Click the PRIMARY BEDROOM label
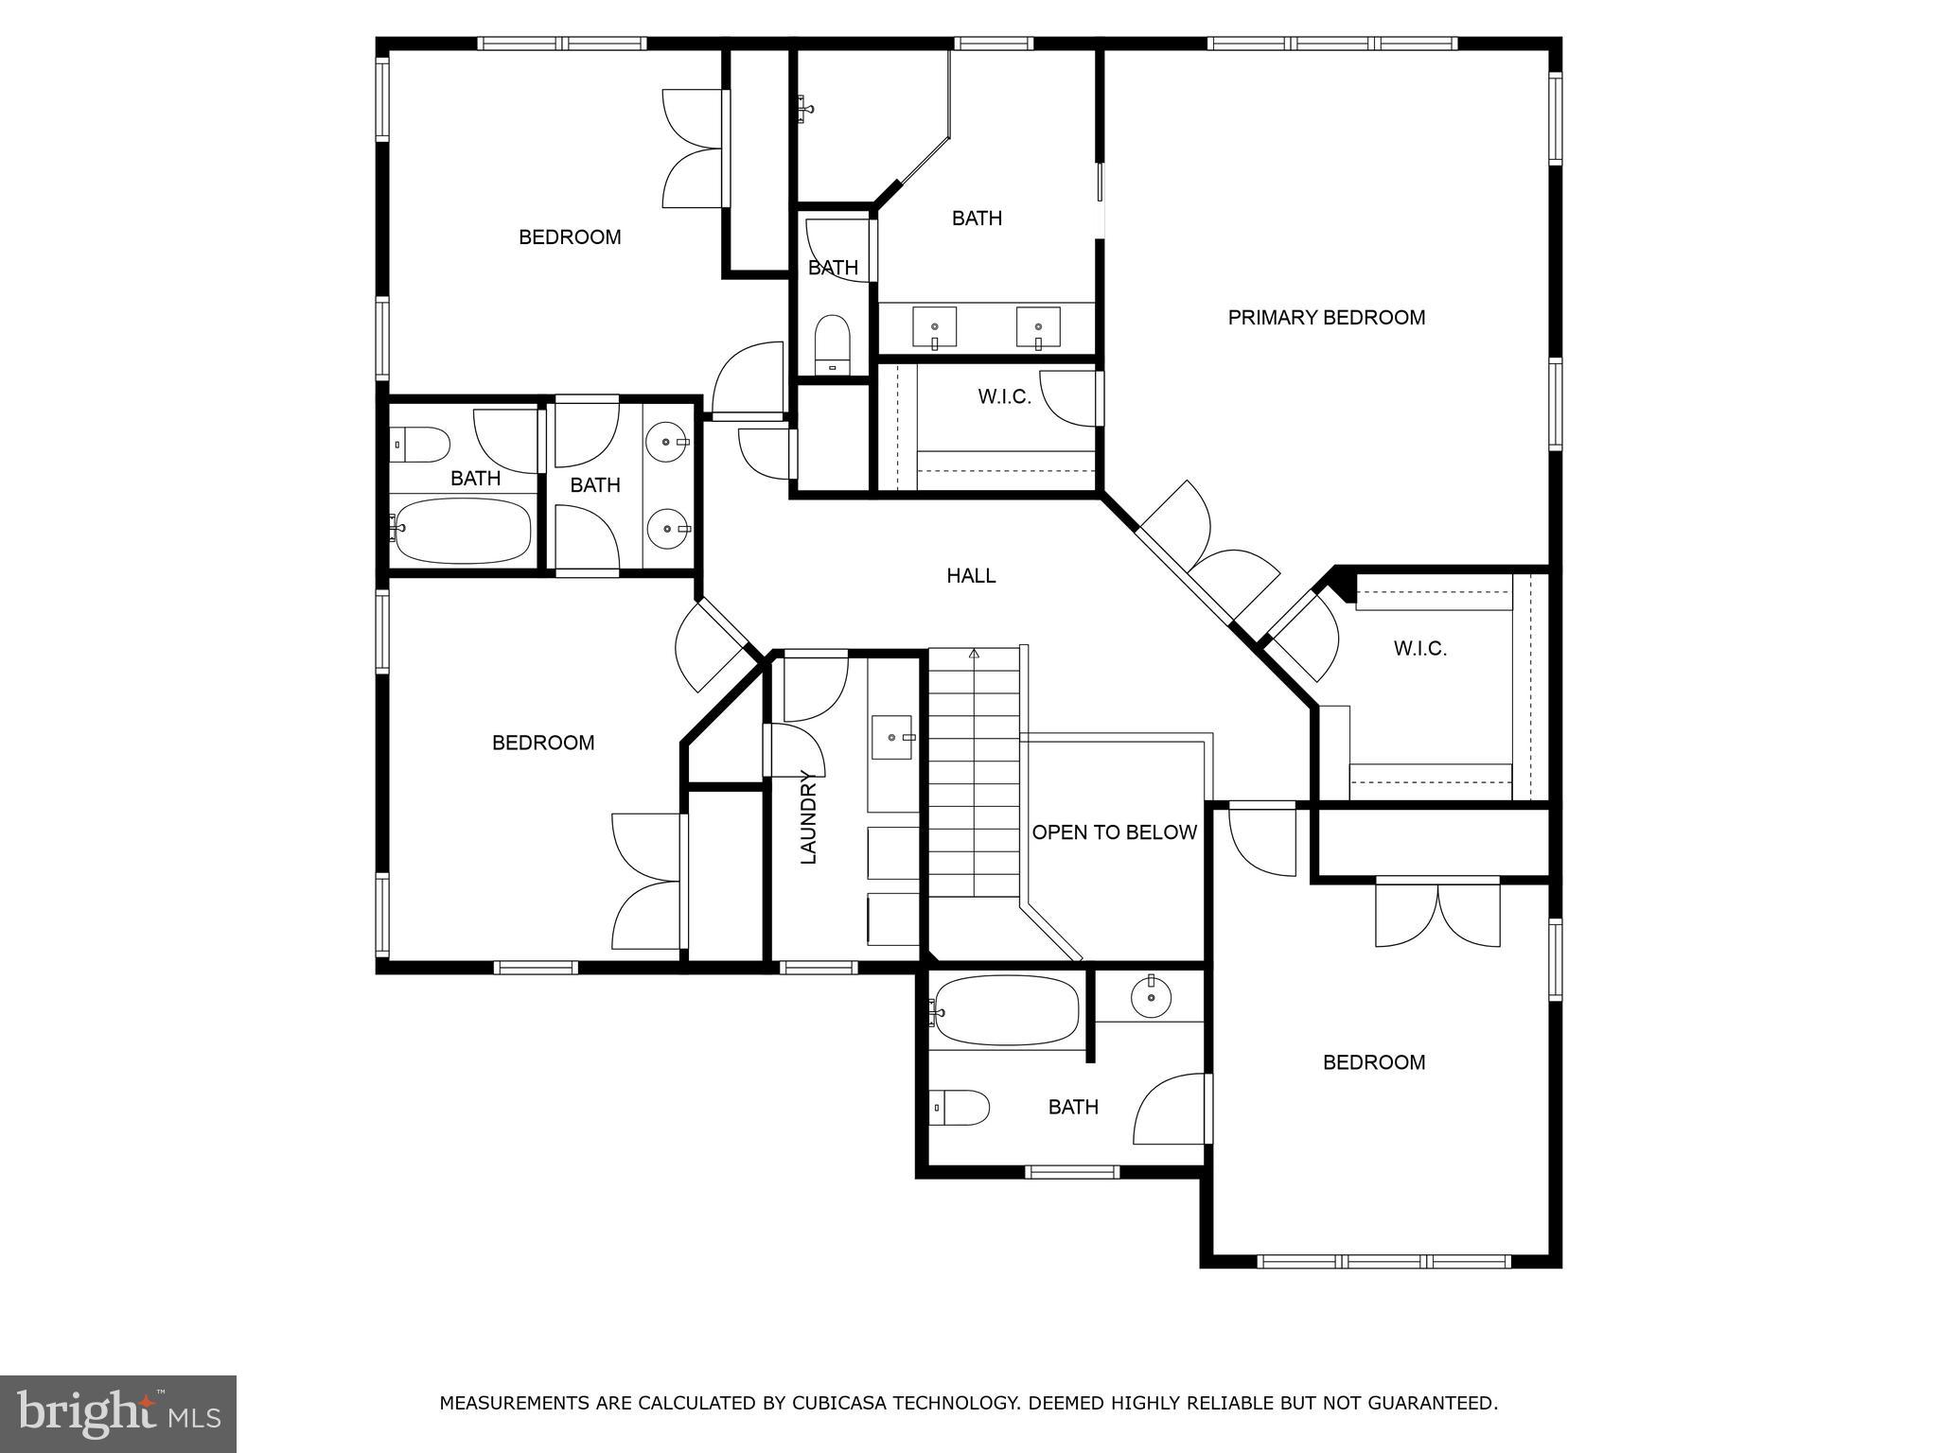pos(1326,318)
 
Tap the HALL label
pos(971,576)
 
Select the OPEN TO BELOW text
pos(1114,832)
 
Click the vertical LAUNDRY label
pos(808,818)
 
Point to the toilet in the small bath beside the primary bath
pos(833,342)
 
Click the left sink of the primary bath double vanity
pos(934,327)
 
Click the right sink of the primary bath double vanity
pos(1038,327)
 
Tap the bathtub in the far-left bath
pos(463,530)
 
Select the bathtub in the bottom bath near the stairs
pos(1005,1010)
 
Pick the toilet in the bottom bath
pos(960,1107)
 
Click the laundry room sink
pos(892,738)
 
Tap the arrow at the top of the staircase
pos(974,654)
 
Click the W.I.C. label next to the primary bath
pos(1004,397)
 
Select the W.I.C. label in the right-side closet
pos(1419,649)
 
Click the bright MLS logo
pos(117,1413)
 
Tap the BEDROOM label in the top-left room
pos(570,237)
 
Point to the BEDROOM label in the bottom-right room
pos(1373,1062)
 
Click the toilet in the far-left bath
pos(421,444)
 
